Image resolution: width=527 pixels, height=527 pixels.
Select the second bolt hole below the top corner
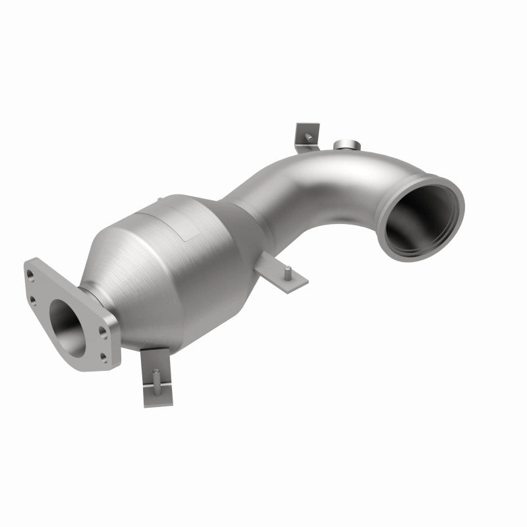click(32, 302)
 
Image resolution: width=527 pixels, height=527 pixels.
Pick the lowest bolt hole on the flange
click(103, 356)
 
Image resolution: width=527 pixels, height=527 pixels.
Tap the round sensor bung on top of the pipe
click(345, 146)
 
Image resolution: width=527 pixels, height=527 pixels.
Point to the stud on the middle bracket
click(288, 269)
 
